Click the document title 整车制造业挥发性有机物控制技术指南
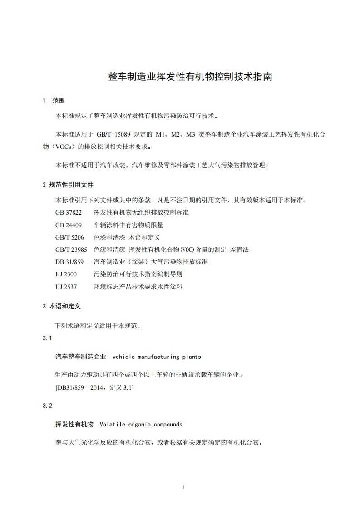pyautogui.click(x=190, y=76)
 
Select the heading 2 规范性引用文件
pyautogui.click(x=68, y=185)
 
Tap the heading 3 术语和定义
pyautogui.click(x=61, y=307)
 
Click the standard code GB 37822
pyautogui.click(x=69, y=212)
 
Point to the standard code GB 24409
pyautogui.click(x=69, y=225)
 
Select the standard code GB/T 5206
pyautogui.click(x=70, y=237)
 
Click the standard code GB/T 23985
pyautogui.click(x=71, y=250)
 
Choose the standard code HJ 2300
pyautogui.click(x=66, y=274)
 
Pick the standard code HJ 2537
pyautogui.click(x=66, y=287)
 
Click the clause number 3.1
pyautogui.click(x=47, y=338)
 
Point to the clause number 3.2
pyautogui.click(x=47, y=406)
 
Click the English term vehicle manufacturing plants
pyautogui.click(x=156, y=357)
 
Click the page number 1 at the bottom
pyautogui.click(x=183, y=488)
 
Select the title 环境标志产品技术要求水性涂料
pyautogui.click(x=138, y=287)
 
